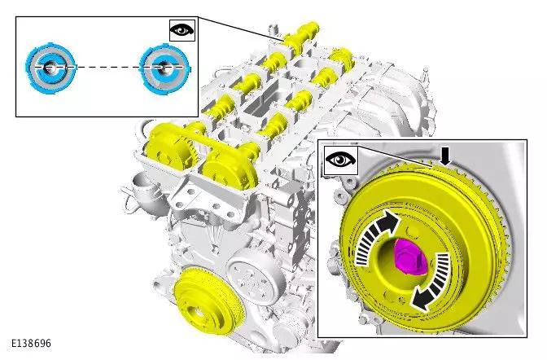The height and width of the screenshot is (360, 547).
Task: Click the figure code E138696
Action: (31, 343)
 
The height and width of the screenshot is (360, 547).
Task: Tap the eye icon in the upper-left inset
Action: (182, 30)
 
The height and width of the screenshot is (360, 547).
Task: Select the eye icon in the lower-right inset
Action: (341, 160)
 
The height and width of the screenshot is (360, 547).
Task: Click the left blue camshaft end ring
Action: (50, 68)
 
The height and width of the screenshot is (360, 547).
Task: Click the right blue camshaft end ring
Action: (164, 68)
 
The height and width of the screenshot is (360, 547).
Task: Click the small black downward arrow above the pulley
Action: (444, 156)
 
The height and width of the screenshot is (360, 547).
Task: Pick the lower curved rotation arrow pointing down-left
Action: (431, 282)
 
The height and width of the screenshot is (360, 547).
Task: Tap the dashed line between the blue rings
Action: (109, 66)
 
